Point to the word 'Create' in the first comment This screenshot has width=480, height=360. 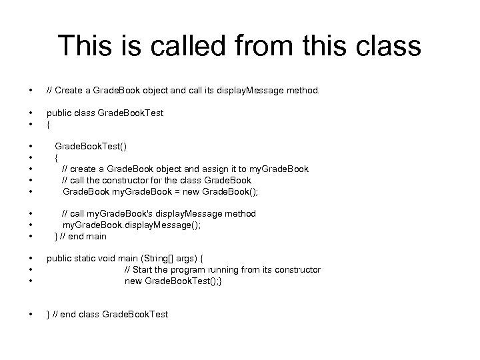point(70,90)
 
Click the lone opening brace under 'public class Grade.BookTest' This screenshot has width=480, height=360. point(48,124)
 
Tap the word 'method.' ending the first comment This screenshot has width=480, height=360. point(303,90)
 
